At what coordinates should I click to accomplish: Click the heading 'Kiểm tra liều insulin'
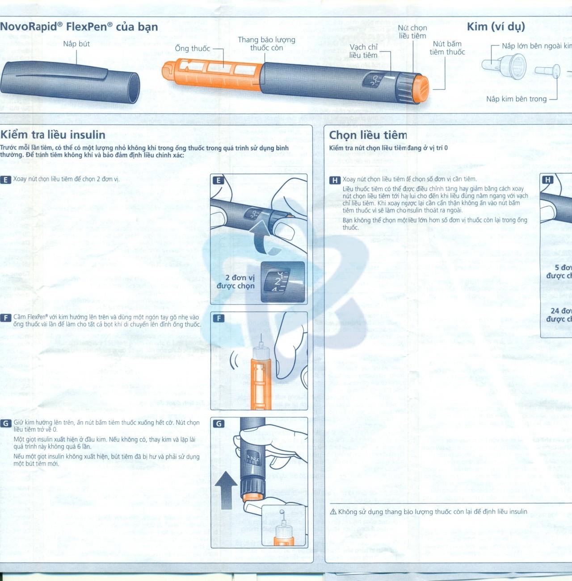[53, 135]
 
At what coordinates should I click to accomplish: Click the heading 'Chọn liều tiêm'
[368, 135]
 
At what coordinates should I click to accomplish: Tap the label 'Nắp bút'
[76, 44]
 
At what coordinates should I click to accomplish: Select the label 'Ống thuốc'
[192, 48]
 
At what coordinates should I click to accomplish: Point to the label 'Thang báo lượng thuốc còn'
[266, 44]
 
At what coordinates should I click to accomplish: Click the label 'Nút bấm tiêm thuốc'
[447, 48]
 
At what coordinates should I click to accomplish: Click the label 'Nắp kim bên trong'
[516, 99]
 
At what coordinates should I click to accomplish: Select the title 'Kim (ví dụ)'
[496, 27]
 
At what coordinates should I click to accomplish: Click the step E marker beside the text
[6, 179]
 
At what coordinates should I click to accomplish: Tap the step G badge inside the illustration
[219, 423]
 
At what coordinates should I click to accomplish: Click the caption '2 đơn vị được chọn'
[236, 282]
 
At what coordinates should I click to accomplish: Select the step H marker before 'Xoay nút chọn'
[335, 180]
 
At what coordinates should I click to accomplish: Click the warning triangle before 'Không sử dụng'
[333, 512]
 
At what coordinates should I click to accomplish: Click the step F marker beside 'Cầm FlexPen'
[6, 318]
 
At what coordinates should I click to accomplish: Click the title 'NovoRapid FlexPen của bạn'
[79, 27]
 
